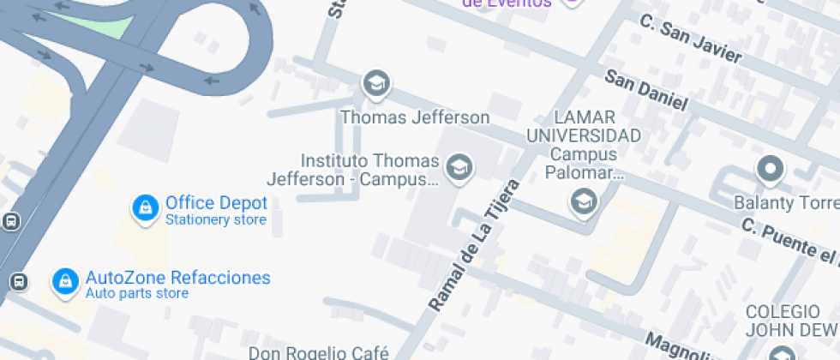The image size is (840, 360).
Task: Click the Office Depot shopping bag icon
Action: [x=146, y=207]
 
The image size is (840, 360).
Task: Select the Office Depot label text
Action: [x=216, y=203]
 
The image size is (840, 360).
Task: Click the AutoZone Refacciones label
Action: [x=177, y=278]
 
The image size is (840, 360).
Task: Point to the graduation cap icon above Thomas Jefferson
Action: [x=375, y=83]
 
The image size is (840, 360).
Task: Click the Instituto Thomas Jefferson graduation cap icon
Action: [x=460, y=166]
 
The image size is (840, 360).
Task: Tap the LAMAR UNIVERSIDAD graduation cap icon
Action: [x=584, y=203]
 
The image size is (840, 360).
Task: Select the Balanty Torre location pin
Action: [x=769, y=169]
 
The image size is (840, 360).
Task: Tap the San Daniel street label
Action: [x=646, y=89]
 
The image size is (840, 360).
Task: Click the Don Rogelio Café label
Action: [x=319, y=352]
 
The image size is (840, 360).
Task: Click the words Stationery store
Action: [x=215, y=220]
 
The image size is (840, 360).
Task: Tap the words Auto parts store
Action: [x=136, y=294]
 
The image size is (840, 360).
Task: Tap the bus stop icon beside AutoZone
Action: [x=19, y=281]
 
